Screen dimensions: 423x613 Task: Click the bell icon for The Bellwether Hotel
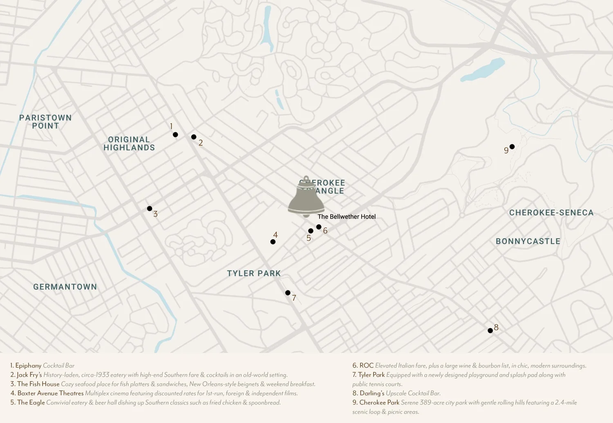306,198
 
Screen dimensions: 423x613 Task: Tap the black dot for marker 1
175,135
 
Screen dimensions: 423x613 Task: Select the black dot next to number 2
194,137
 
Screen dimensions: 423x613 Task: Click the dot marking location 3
150,209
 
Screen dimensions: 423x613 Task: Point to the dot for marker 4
273,242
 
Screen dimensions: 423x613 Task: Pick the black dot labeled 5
311,231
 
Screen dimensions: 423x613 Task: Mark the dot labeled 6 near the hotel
319,227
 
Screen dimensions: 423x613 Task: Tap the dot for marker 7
288,293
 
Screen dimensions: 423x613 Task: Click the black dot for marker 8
490,331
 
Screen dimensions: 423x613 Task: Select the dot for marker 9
512,147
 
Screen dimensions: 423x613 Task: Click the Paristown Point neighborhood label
45,122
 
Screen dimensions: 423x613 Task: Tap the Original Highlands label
129,144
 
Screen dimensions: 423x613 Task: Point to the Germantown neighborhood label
65,287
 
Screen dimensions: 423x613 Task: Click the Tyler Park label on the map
254,274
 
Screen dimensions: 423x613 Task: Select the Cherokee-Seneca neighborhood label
551,213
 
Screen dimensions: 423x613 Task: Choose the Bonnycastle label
528,241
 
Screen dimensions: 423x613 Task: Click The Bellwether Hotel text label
347,217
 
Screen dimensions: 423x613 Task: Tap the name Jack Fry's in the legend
29,375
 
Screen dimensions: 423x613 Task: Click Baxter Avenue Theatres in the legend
50,393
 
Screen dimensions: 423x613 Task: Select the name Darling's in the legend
372,393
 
